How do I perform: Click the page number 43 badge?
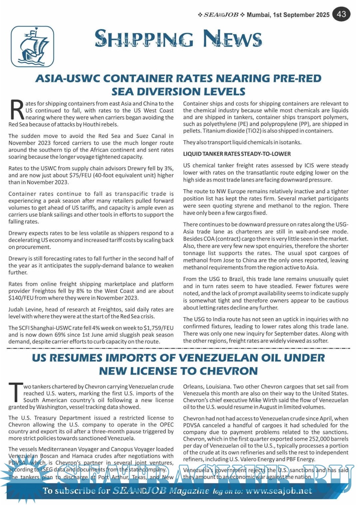(341, 14)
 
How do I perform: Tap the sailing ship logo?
(32, 47)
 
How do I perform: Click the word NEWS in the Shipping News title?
(232, 39)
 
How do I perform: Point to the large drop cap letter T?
(15, 393)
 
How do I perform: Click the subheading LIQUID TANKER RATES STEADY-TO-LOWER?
(237, 154)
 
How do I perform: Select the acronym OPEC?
(166, 425)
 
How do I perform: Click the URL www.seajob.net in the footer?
(279, 491)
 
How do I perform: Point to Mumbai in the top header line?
(258, 15)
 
